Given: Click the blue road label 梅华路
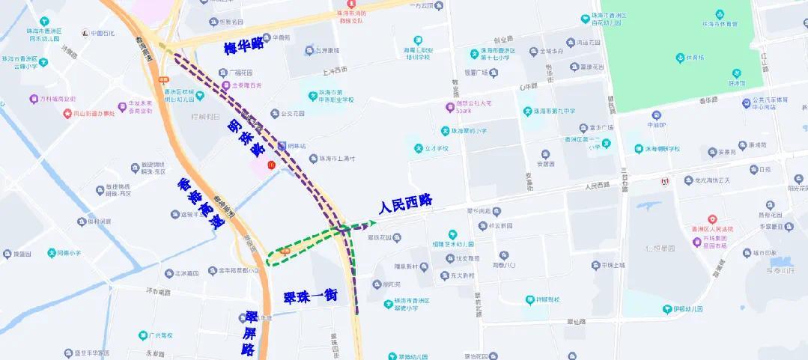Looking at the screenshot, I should pos(244,48).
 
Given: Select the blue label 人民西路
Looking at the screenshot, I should pos(406,204).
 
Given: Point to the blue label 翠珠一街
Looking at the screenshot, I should pos(310,296).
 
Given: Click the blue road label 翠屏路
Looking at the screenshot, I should pos(250,332).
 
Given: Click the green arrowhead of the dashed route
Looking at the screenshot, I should pos(372,222).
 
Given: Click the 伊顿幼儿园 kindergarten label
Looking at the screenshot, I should pos(682,309).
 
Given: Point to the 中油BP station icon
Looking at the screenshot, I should pos(657,117).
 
